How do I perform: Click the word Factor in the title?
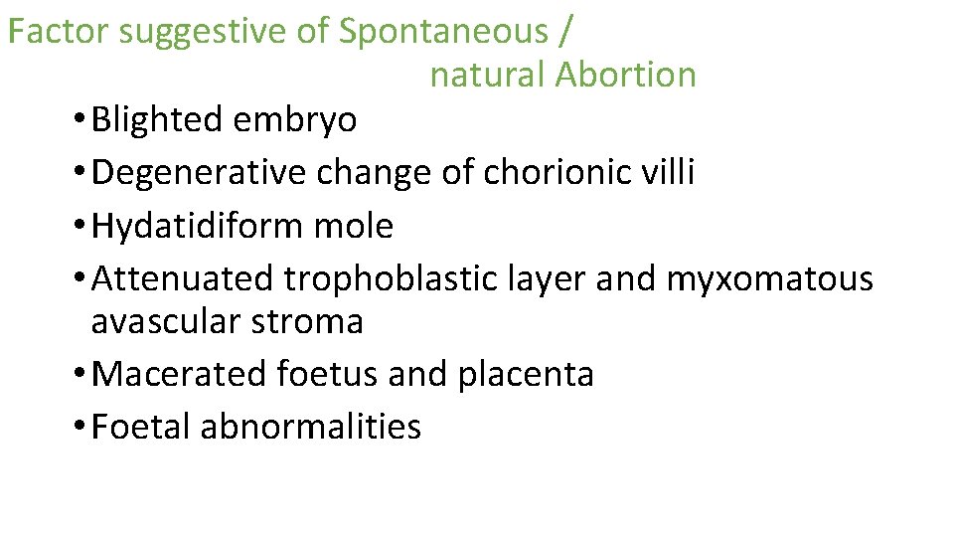(x=59, y=32)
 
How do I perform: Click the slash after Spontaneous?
(x=565, y=32)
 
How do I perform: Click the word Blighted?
(x=157, y=120)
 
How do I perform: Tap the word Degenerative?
(x=200, y=173)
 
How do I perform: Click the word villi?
(x=671, y=173)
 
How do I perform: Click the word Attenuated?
(x=183, y=279)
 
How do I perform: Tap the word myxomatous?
(x=769, y=279)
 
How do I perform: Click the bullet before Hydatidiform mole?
(x=78, y=227)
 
